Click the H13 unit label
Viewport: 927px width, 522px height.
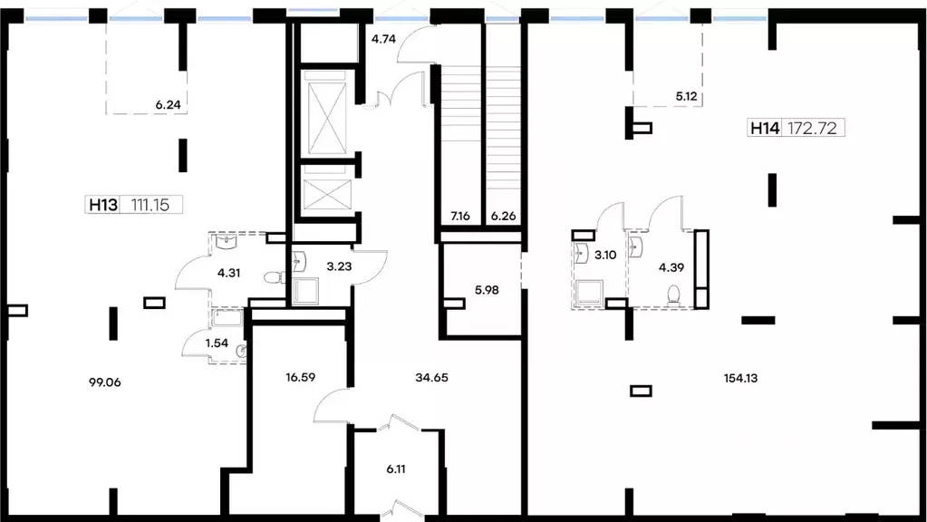point(103,205)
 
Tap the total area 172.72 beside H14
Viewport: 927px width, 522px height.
point(812,128)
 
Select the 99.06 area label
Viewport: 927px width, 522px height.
point(104,382)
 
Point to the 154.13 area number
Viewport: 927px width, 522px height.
point(740,378)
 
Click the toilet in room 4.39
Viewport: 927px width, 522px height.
point(674,295)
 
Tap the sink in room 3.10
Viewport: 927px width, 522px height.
point(582,253)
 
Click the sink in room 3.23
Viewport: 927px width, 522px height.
point(300,261)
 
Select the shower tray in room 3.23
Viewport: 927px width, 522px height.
point(305,290)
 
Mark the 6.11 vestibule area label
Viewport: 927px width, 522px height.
point(396,469)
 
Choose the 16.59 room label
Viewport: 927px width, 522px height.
point(300,377)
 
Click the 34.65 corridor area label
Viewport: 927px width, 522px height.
point(431,377)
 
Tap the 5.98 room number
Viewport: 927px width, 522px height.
point(487,290)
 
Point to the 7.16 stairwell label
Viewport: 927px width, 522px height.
point(460,216)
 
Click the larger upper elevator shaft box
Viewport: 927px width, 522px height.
point(327,113)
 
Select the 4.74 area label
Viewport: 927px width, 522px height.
point(383,39)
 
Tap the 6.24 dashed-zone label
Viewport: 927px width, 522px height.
point(168,104)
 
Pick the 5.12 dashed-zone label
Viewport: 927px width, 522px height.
point(686,96)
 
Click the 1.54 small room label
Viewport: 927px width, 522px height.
point(217,343)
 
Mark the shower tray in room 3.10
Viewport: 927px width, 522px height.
point(589,293)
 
